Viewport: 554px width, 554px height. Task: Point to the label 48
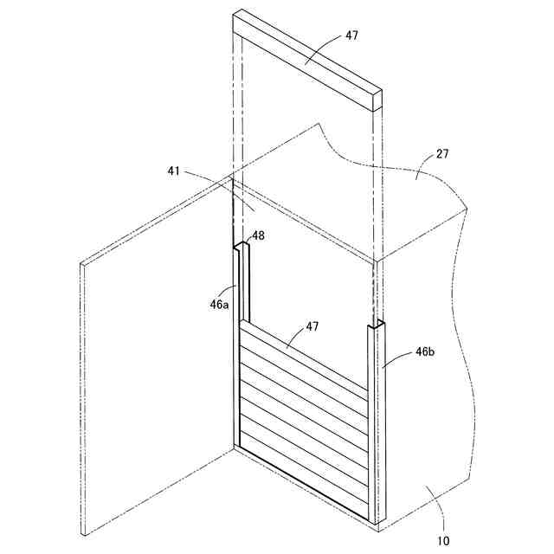pyautogui.click(x=258, y=235)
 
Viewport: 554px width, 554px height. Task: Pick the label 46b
pyautogui.click(x=425, y=352)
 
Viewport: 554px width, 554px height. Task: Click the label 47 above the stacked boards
pyautogui.click(x=313, y=327)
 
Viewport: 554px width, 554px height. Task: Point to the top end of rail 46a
pyautogui.click(x=241, y=248)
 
